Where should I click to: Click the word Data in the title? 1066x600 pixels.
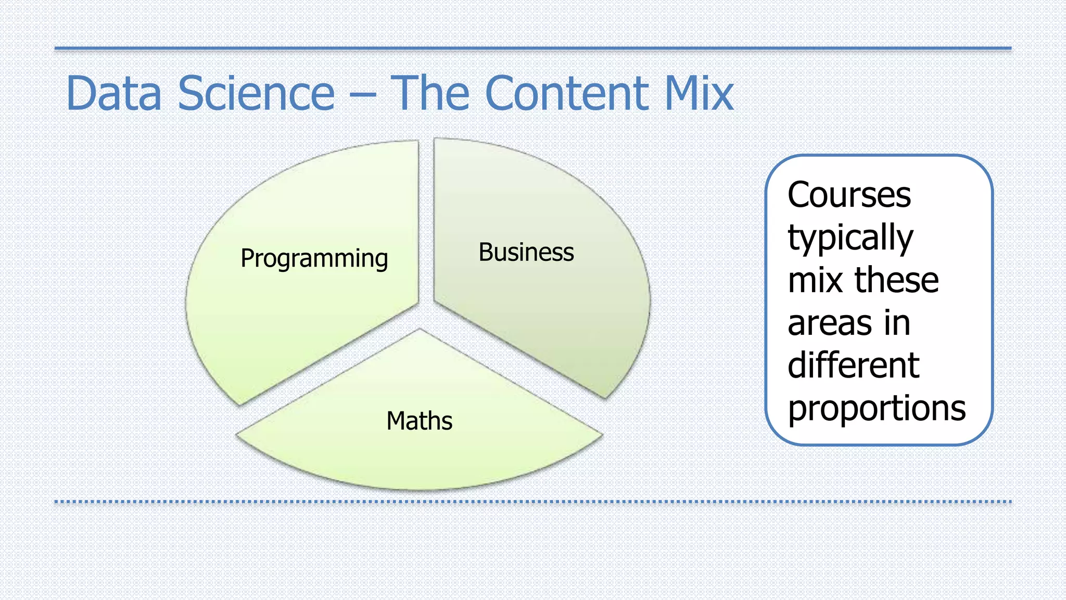114,93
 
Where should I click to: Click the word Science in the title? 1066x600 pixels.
256,93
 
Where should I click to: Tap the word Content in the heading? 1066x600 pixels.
566,93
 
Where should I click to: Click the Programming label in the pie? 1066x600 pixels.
314,258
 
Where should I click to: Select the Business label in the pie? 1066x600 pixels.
526,253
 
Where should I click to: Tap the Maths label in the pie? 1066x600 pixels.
419,421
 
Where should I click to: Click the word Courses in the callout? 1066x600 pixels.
849,195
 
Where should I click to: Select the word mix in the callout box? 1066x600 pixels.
816,280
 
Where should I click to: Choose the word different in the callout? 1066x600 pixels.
853,365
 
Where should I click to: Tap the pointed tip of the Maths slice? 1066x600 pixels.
420,330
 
